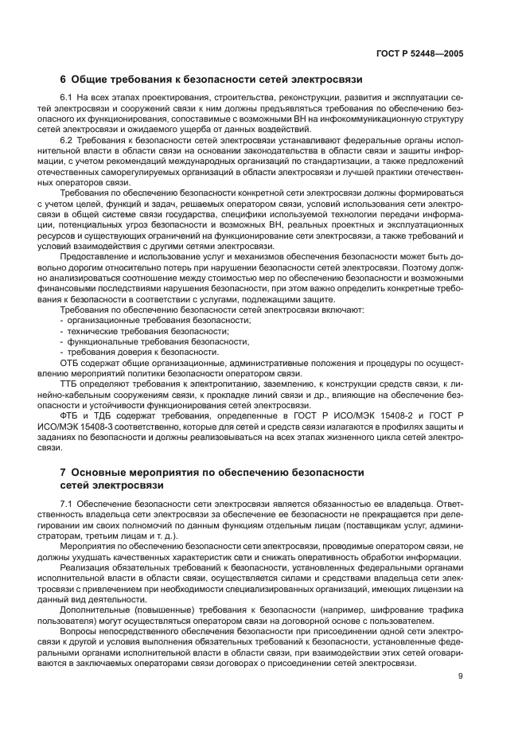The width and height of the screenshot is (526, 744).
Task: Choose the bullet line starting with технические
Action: pos(143,330)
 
